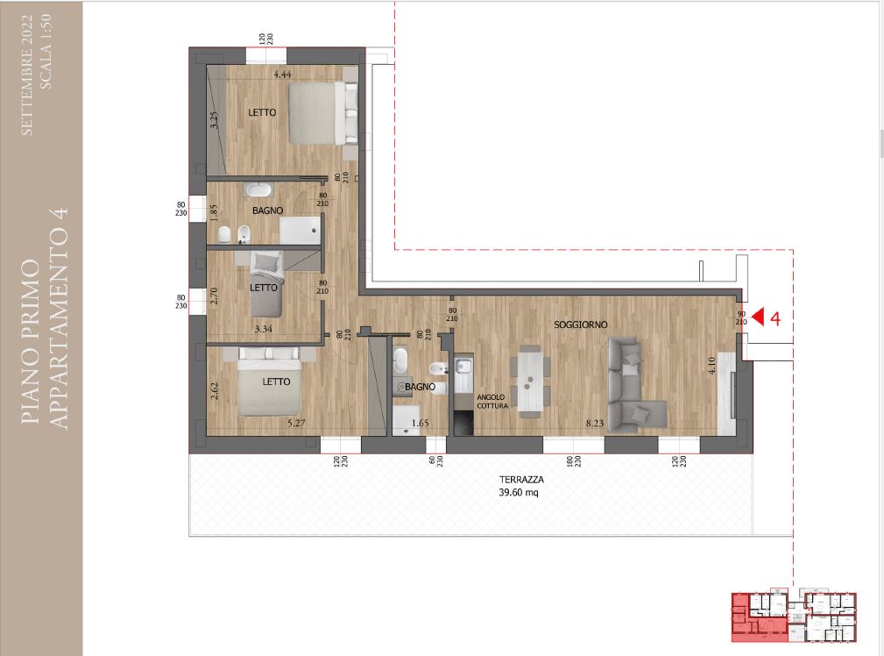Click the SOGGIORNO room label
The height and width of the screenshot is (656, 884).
581,324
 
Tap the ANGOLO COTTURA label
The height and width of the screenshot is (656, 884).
492,402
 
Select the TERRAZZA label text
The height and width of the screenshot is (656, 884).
521,480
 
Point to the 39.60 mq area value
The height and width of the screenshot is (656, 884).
519,492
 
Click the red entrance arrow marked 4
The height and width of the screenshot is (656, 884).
759,317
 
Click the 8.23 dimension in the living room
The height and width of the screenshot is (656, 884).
595,423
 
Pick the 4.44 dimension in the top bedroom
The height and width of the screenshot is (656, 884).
282,74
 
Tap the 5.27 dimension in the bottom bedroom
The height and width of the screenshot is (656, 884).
296,423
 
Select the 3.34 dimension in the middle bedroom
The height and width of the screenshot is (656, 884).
264,329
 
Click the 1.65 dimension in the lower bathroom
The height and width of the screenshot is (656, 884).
420,423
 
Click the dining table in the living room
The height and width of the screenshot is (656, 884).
530,382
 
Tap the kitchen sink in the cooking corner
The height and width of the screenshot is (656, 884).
463,367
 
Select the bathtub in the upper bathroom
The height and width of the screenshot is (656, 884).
258,189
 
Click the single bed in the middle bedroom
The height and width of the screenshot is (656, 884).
266,284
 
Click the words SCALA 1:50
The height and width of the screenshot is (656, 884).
46,51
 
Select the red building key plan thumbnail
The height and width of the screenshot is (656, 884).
794,617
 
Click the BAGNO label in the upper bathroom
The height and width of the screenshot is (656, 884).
268,210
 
